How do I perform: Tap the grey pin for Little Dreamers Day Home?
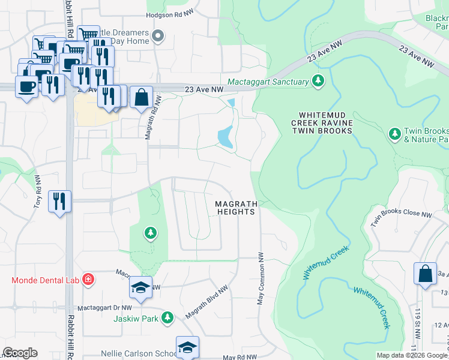coord(158,37)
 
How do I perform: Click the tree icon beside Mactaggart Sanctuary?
coord(318,81)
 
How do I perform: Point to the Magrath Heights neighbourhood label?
coord(237,208)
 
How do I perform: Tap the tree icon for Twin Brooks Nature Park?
coord(394,133)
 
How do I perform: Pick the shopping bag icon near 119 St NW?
coord(424,273)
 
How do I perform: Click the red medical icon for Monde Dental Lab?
coord(88,280)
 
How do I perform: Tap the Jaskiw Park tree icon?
coord(169,317)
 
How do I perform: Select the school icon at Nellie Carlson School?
coord(187,347)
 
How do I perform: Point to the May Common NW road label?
coord(261,277)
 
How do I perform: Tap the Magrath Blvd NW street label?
coord(206,302)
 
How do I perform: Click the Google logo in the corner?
coord(20,353)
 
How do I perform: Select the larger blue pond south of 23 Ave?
coord(225,138)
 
